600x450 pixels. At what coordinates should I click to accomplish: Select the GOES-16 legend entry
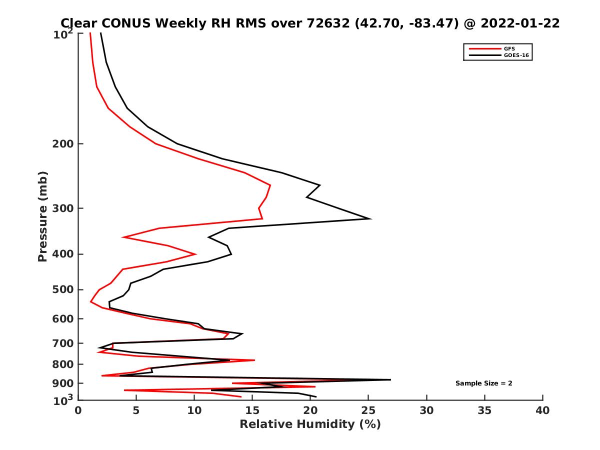coord(515,55)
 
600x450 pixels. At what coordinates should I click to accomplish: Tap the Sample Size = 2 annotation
coord(483,383)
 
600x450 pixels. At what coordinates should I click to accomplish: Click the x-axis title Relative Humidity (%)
coord(310,424)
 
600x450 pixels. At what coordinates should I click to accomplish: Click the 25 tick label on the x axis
coord(368,411)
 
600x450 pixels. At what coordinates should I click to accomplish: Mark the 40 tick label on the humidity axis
coord(542,411)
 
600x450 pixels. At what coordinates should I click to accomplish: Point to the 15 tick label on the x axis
coord(252,411)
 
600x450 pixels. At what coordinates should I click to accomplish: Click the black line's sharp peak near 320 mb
coord(370,218)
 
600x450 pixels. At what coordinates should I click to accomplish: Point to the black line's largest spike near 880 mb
coord(390,379)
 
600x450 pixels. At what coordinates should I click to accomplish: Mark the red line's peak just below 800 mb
coord(254,360)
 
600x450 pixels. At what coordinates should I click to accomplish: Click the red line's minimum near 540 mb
coord(90,302)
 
